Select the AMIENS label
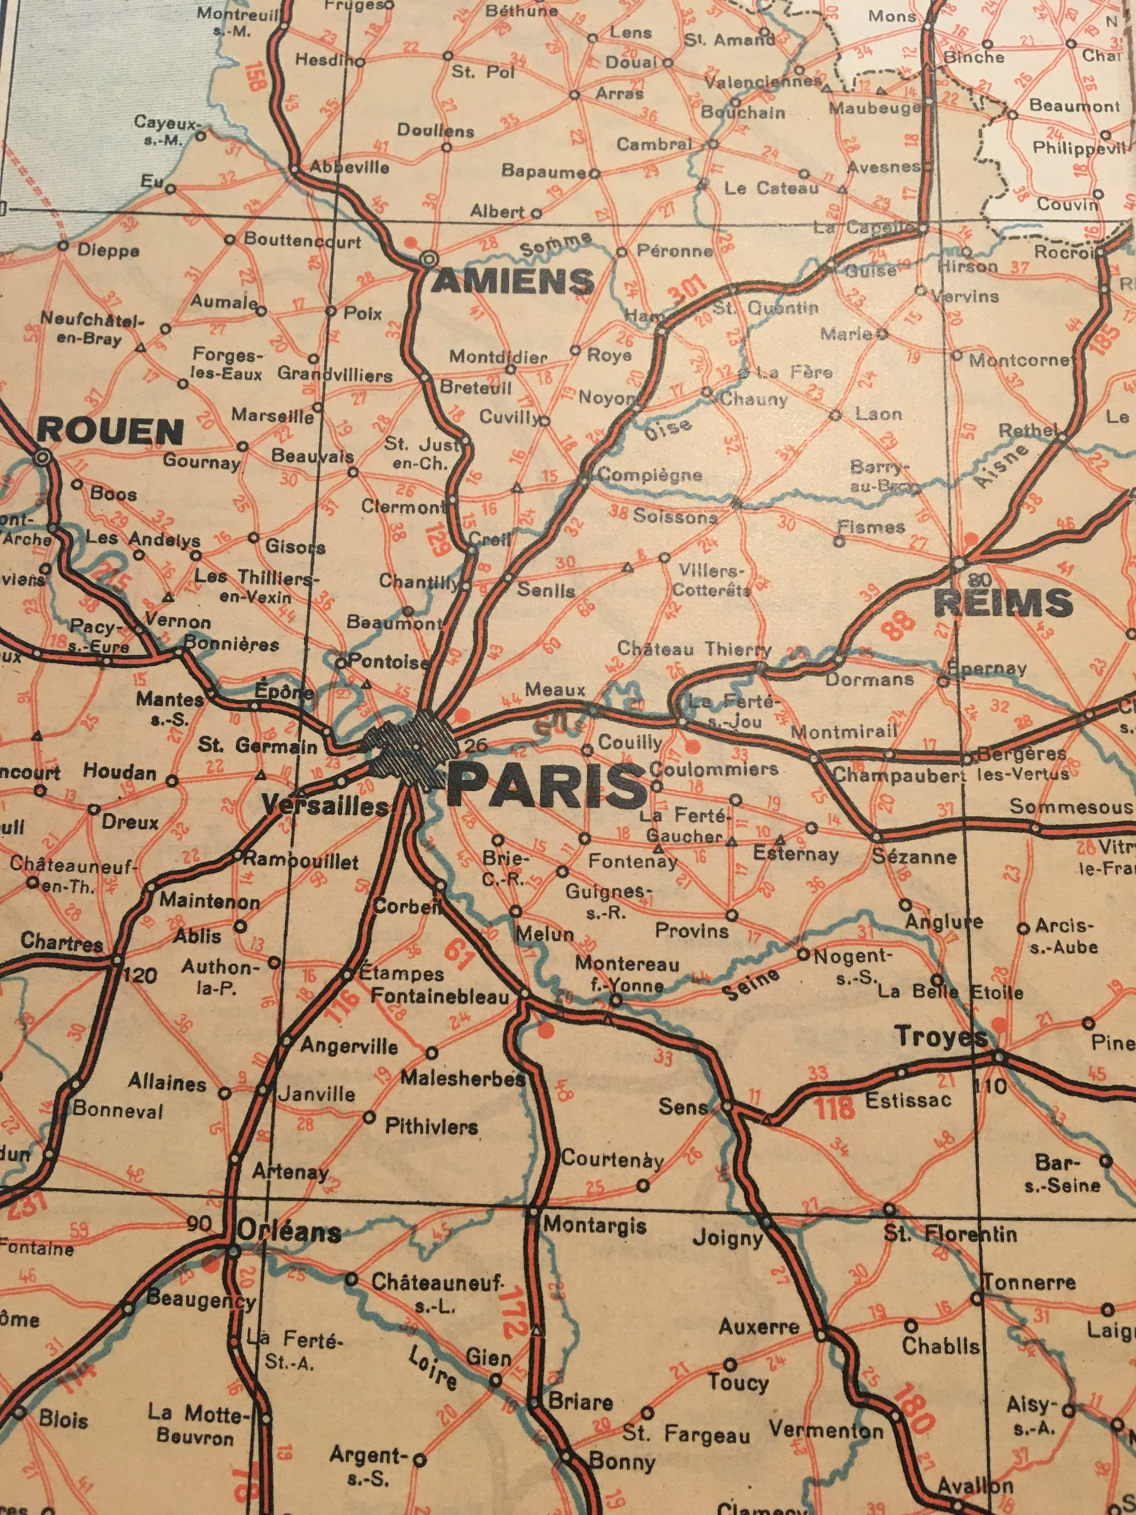coord(512,281)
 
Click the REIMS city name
coord(1003,602)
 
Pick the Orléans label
coord(289,1232)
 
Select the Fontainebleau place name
coord(440,995)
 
